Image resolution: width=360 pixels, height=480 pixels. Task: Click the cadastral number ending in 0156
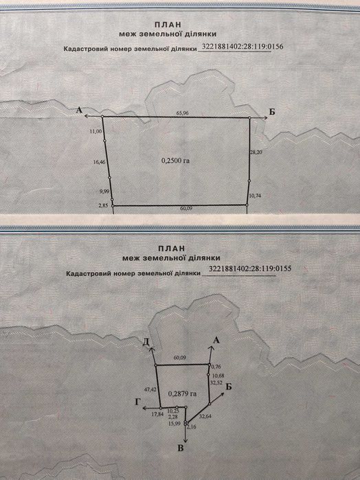point(243,47)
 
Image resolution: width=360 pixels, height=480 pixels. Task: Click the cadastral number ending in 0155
point(250,268)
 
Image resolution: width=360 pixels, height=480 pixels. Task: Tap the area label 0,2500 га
point(176,160)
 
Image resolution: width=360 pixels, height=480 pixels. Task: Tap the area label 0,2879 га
point(183,393)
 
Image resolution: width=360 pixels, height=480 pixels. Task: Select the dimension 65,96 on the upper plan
point(183,113)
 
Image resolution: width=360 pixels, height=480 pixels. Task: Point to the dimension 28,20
point(256,152)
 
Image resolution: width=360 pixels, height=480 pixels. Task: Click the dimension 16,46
point(100,162)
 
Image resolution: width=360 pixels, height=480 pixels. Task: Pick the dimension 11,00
point(95,131)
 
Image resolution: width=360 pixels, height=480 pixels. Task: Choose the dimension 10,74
point(255,196)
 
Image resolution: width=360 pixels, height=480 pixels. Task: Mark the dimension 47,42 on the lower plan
point(150,389)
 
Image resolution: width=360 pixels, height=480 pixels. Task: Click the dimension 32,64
point(205,416)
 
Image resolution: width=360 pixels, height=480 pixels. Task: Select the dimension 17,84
point(158,414)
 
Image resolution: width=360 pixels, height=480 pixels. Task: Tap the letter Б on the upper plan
point(272,112)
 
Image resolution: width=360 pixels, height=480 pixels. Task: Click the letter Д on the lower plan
point(146,342)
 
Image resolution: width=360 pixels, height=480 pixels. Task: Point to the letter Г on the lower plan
point(138,402)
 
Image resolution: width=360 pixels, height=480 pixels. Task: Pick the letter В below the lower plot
point(181,448)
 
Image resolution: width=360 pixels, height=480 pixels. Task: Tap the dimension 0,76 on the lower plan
point(216,367)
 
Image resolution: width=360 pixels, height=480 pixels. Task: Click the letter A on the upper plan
point(80,110)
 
